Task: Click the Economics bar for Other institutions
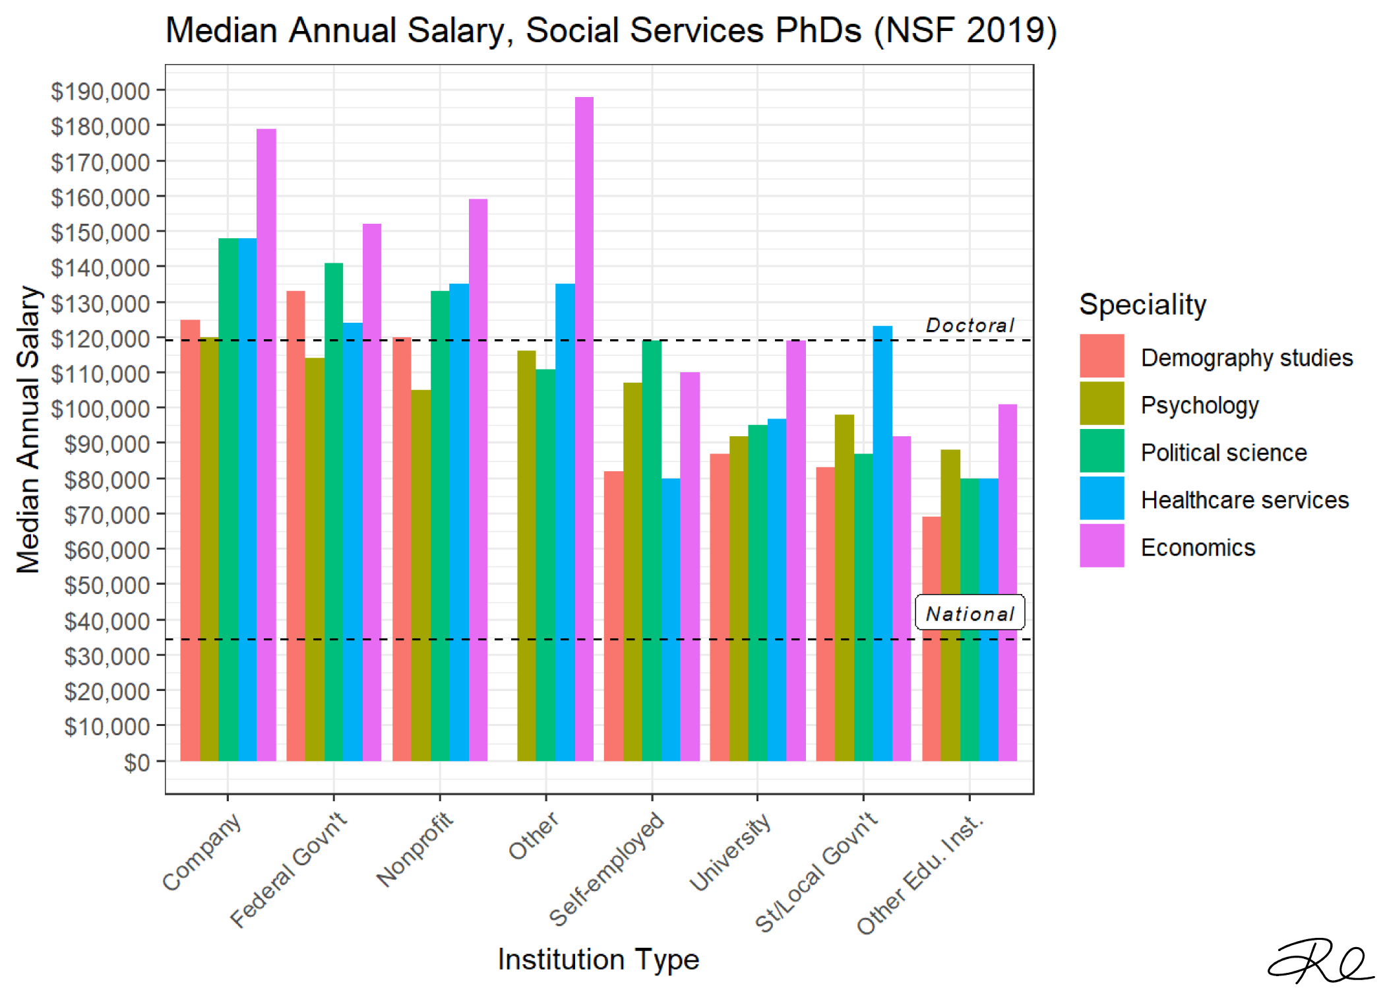[584, 429]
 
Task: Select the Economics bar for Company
[266, 445]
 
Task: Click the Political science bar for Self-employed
[652, 550]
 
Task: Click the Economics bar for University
[795, 550]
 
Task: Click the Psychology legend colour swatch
[1101, 403]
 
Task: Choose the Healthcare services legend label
[1245, 500]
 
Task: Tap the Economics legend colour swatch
[1101, 546]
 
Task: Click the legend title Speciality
[1142, 305]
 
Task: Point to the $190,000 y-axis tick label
[100, 91]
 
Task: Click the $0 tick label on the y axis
[137, 762]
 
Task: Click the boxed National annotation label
[969, 613]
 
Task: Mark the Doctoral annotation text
[969, 325]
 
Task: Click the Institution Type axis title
[598, 959]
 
